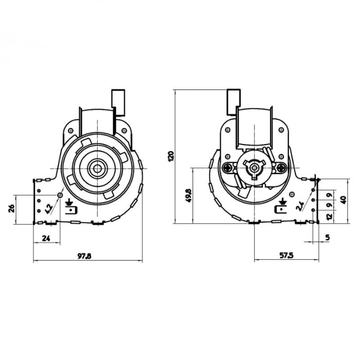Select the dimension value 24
click(x=46, y=238)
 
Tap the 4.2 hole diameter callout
click(x=49, y=208)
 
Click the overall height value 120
click(x=171, y=156)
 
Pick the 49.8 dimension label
click(x=188, y=195)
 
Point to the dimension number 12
click(x=330, y=218)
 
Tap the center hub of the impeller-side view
click(x=96, y=168)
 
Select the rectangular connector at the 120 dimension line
click(x=233, y=102)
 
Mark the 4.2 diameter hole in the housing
click(x=60, y=195)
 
